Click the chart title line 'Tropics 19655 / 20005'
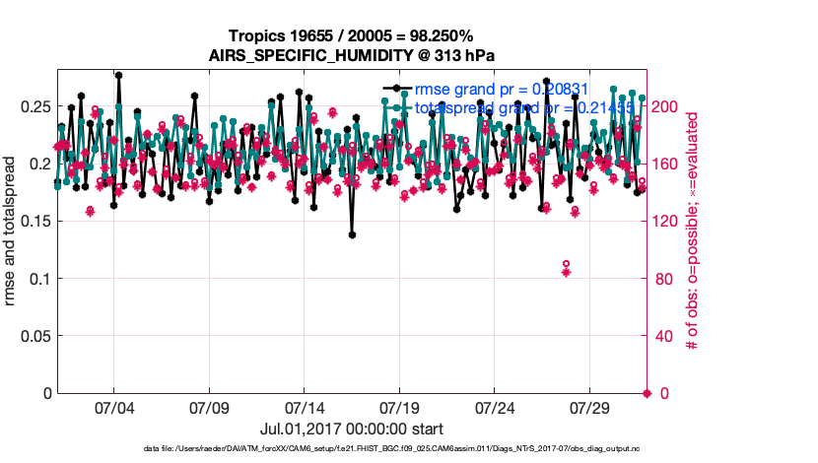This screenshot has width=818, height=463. pos(351,36)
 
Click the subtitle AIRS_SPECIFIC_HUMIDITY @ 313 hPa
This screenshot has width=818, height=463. pos(351,54)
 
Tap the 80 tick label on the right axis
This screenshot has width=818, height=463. pos(662,279)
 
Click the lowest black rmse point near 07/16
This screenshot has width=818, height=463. pos(352,234)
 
